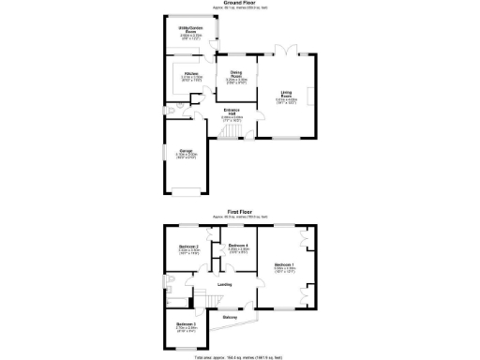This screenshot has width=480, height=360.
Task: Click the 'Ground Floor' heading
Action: pos(241,6)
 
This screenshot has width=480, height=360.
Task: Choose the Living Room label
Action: pos(287,94)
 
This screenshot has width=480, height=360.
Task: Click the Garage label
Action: pos(186,154)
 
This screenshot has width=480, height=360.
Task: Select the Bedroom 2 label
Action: pos(190,248)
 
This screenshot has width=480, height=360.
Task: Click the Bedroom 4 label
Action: pos(238,248)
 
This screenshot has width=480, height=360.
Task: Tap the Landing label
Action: pos(225,284)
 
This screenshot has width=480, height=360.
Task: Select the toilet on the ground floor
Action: pos(169,111)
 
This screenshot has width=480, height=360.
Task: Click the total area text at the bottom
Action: pos(241,356)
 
